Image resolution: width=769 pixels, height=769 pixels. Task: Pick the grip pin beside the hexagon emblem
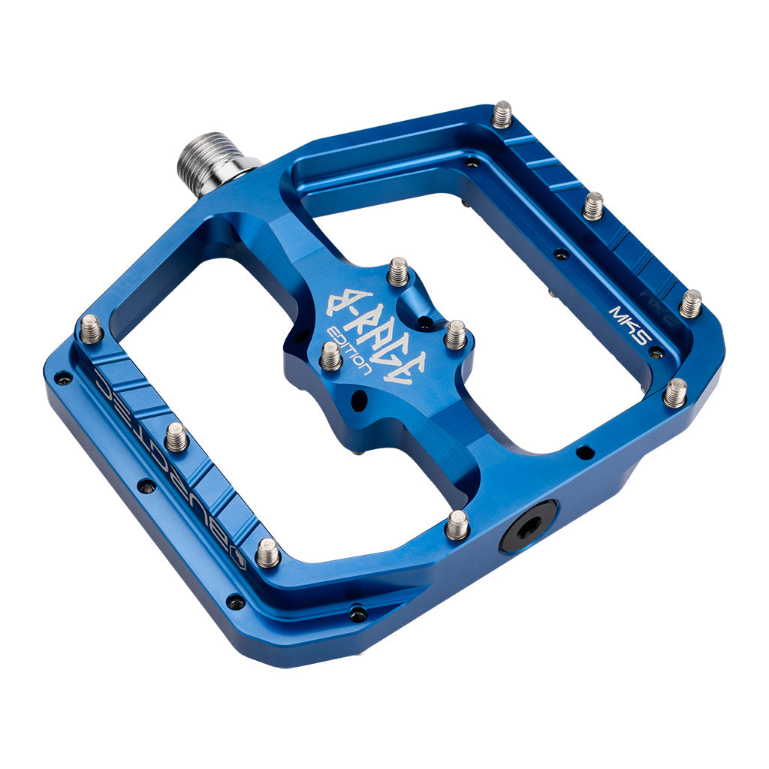(267, 553)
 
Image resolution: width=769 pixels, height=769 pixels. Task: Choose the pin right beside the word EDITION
(330, 356)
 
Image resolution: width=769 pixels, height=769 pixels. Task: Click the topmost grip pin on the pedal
(502, 114)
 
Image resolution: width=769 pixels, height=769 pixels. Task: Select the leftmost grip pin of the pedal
(90, 329)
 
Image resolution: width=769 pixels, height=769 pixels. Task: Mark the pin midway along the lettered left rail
(176, 436)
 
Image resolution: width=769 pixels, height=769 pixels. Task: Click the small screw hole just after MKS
(656, 351)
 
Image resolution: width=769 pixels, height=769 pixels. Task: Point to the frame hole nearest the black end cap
(584, 452)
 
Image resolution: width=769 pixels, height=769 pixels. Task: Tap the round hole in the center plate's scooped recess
(425, 324)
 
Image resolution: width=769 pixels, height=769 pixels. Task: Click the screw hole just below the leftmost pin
(64, 378)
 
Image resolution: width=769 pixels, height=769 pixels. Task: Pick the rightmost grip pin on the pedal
(690, 303)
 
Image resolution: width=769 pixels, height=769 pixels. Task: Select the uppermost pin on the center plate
(398, 272)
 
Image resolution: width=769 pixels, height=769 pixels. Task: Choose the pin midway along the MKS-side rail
(593, 205)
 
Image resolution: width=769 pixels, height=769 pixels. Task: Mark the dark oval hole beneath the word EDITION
(359, 400)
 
